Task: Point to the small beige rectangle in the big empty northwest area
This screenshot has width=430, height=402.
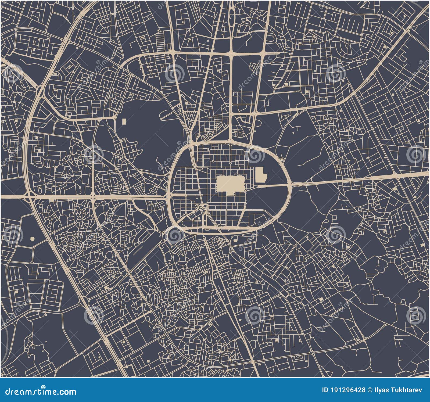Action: point(124,121)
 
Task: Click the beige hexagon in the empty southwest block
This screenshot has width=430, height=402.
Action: point(33,238)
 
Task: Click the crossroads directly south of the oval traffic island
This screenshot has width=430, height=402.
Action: point(232,54)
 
